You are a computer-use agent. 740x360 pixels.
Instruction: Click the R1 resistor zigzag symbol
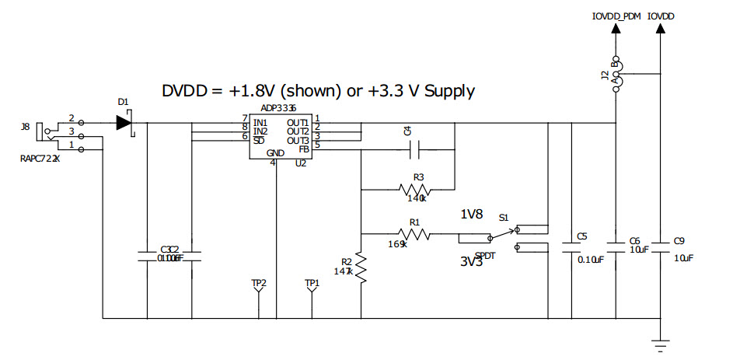tap(414, 233)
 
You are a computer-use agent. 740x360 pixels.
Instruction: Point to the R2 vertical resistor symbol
tap(361, 269)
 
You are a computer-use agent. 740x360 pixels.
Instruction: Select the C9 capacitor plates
tap(660, 246)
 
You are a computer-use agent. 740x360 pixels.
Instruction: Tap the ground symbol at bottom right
tap(660, 342)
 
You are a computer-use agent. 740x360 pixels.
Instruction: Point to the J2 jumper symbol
tap(616, 75)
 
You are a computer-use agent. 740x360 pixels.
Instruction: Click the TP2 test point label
tap(259, 283)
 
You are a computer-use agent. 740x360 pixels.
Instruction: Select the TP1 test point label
tap(312, 283)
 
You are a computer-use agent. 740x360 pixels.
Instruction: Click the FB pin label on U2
tap(304, 148)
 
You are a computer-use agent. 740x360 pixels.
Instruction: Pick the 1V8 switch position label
tap(471, 215)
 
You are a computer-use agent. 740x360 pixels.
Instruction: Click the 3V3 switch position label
tap(471, 262)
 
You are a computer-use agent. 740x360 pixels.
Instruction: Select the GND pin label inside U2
tap(275, 153)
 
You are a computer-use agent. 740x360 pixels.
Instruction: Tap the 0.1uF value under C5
tap(591, 260)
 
